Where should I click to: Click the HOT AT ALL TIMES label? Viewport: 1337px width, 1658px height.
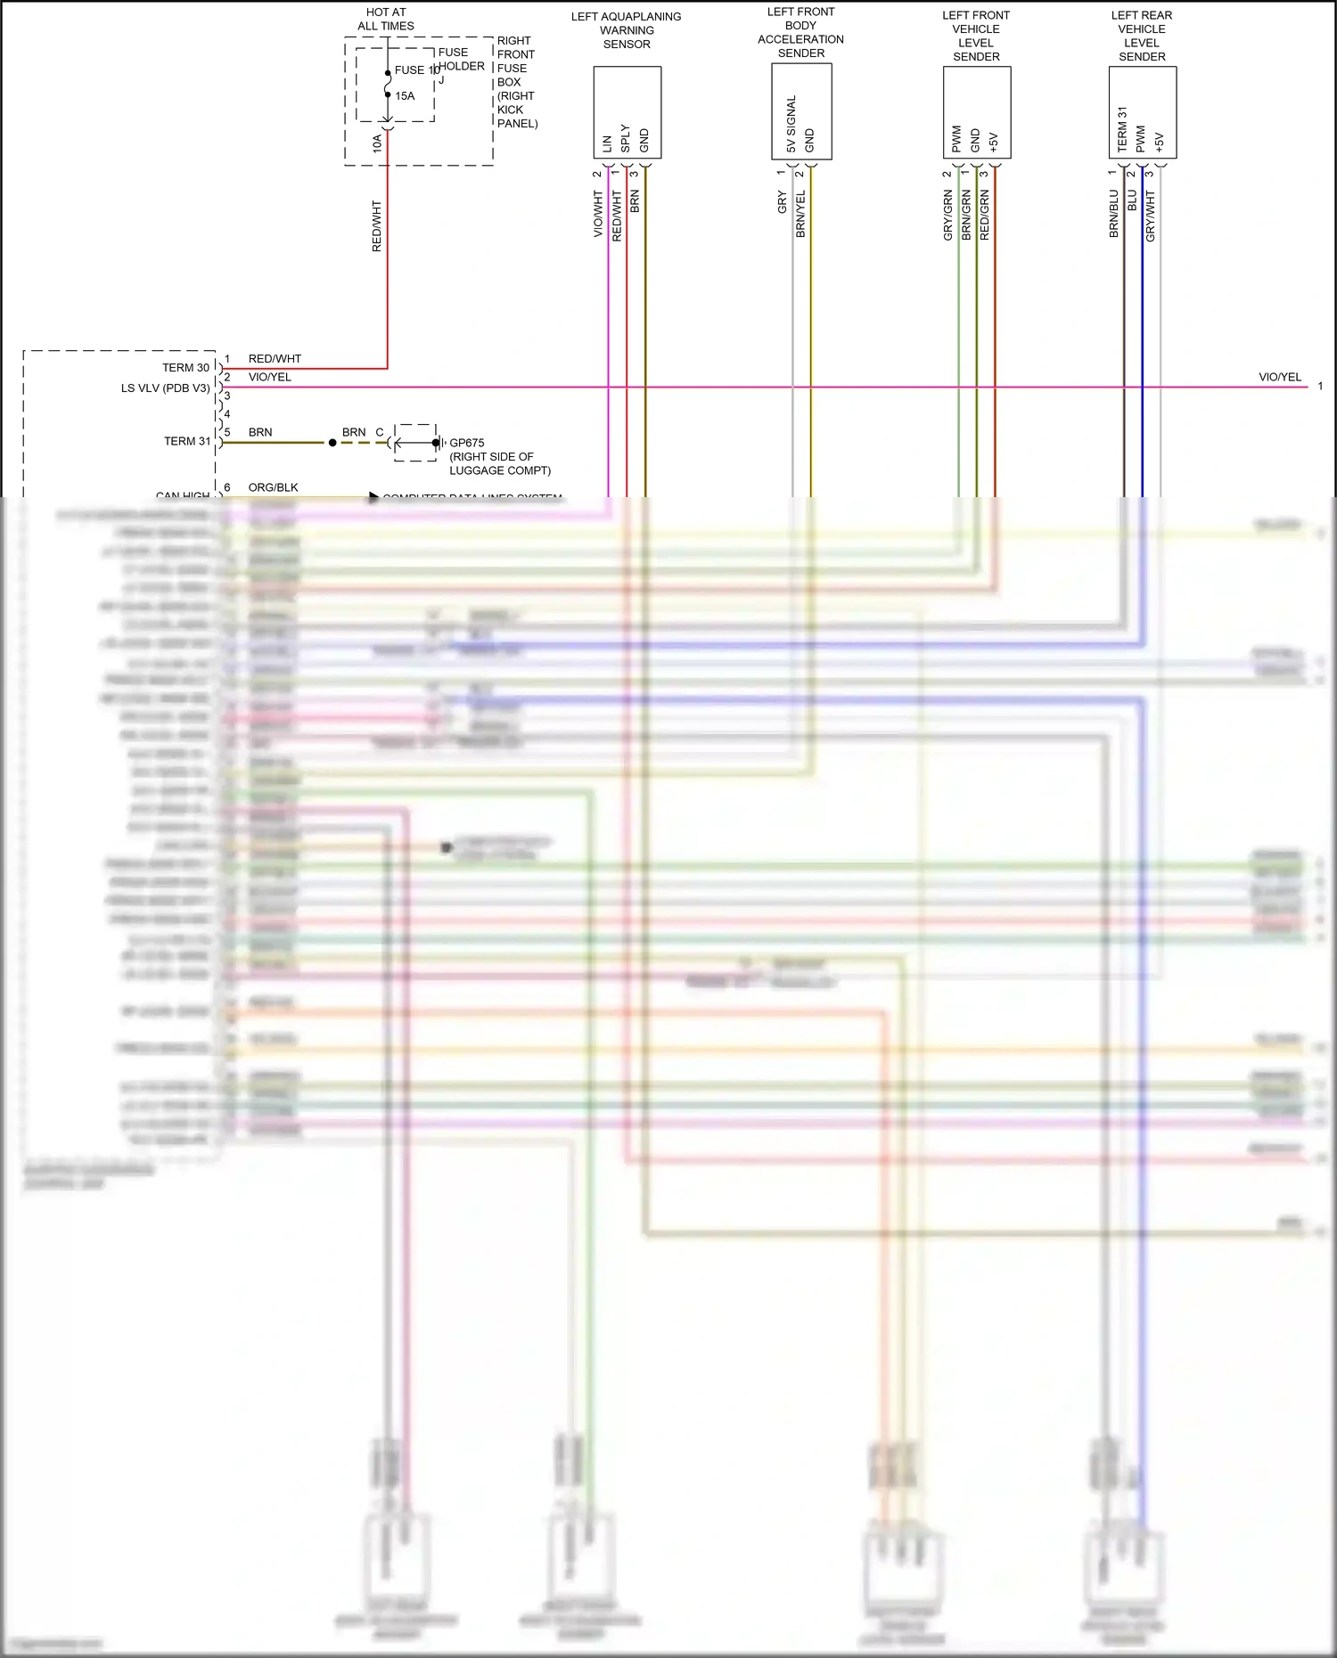pos(386,19)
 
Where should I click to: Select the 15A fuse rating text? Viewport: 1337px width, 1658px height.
pos(405,96)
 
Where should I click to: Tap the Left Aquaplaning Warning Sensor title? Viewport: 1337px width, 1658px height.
pos(626,30)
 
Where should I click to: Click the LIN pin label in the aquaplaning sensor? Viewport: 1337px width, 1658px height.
pos(607,143)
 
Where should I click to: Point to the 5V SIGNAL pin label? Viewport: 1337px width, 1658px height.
pos(792,124)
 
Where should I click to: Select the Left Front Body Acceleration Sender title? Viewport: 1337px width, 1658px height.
pos(800,32)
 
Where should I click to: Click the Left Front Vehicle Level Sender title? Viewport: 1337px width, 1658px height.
pos(976,36)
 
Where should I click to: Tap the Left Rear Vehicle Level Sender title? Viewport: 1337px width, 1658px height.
pos(1142,36)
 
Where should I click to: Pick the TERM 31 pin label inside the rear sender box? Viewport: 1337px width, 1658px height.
pos(1122,129)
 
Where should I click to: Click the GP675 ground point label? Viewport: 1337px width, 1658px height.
pos(467,443)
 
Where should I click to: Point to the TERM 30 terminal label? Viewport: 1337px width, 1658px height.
pos(185,368)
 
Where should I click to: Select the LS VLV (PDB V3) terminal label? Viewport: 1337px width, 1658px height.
pos(166,388)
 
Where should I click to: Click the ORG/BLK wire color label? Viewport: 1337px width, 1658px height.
pos(273,487)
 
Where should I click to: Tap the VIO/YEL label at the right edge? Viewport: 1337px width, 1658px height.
pos(1279,377)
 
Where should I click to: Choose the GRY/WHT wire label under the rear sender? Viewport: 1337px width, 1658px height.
pos(1150,216)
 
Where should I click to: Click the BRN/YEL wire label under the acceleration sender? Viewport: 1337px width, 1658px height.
pos(800,214)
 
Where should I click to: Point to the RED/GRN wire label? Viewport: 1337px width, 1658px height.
pos(985,215)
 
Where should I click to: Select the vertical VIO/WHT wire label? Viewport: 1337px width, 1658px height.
pos(598,214)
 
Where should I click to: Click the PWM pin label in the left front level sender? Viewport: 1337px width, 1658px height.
pos(956,139)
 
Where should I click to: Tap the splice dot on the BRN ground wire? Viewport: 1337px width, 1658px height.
pos(332,443)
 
